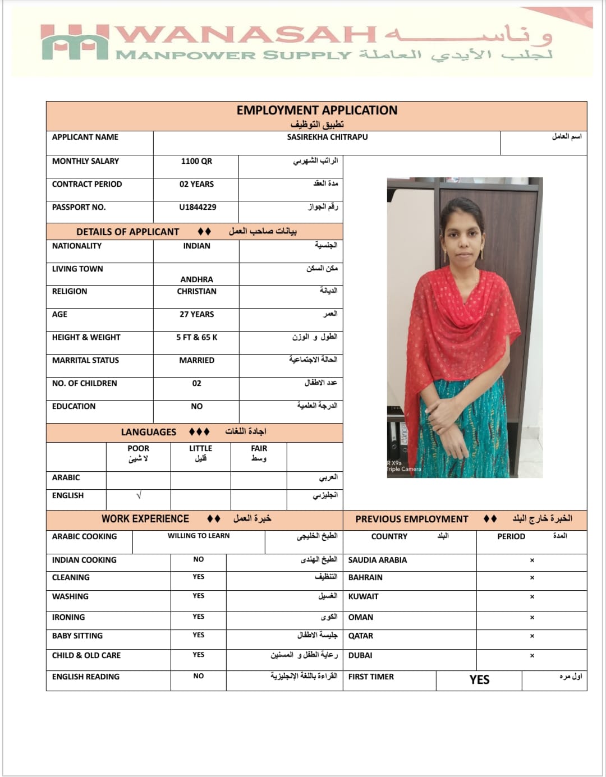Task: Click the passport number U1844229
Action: pos(198,207)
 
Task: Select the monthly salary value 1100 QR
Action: pos(196,161)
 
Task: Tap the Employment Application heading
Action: pos(316,110)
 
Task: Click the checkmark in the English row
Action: pos(139,495)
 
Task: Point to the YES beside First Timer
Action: pos(479,679)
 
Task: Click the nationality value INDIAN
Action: pos(196,246)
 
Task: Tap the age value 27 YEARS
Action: pos(196,314)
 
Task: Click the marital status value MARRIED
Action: pos(196,360)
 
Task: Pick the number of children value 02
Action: pos(196,383)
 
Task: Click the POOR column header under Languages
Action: pos(138,448)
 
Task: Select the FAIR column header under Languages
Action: pos(259,448)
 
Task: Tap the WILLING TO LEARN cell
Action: pos(198,536)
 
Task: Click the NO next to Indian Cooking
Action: pos(198,559)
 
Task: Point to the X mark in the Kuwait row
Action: pos(532,597)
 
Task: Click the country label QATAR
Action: pos(360,636)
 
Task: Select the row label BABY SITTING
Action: pos(77,636)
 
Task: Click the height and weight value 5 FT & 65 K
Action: pos(196,337)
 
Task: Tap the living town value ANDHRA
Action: pos(196,279)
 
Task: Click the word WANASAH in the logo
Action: pos(247,35)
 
